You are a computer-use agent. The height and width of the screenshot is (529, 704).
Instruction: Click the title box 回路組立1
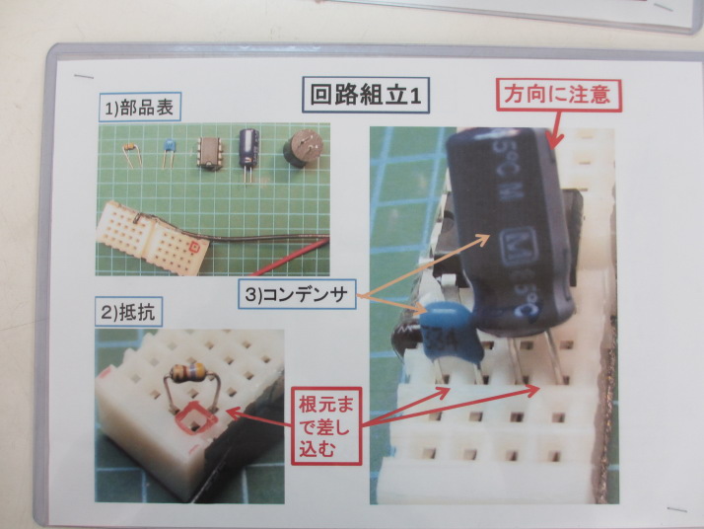pos(366,96)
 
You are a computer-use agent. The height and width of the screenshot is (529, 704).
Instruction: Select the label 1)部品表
pos(140,108)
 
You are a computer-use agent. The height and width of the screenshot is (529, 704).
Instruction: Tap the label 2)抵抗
pos(129,312)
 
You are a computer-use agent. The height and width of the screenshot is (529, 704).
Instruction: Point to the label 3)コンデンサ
pos(297,294)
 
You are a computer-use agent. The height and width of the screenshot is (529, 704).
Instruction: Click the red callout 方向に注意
pos(558,96)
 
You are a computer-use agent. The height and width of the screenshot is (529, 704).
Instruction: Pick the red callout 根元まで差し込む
pos(326,426)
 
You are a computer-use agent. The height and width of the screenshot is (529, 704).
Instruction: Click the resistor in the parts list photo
pos(132,155)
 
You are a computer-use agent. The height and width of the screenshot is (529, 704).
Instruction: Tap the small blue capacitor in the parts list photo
pos(169,153)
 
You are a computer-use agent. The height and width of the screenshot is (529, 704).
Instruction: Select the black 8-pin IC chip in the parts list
pos(209,154)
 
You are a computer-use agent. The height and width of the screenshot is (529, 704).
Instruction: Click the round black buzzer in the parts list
pos(303,148)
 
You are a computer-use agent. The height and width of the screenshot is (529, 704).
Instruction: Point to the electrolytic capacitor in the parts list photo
pos(248,153)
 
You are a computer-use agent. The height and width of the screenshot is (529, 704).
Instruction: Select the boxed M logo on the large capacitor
pos(520,247)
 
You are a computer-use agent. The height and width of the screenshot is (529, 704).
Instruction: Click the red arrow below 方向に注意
pos(555,129)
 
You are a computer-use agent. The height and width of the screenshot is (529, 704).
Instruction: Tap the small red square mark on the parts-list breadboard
pos(194,247)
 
